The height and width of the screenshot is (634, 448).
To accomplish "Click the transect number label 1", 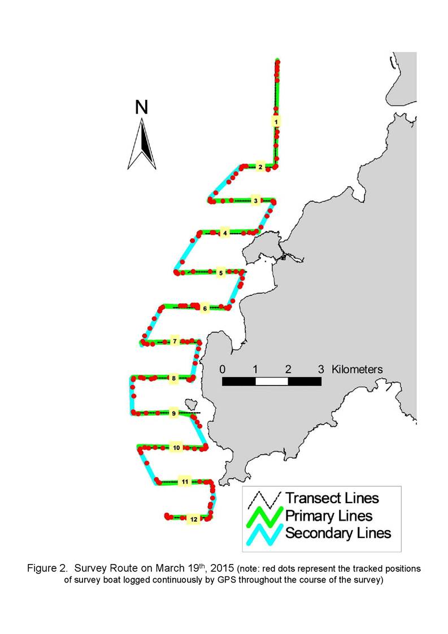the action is tap(276, 121).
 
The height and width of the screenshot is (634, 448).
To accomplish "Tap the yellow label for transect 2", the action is tap(260, 167).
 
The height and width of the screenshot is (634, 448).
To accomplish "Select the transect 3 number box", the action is tap(255, 200).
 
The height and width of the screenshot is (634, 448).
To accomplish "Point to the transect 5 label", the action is tap(221, 273).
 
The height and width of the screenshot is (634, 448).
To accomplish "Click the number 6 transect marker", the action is tap(205, 308).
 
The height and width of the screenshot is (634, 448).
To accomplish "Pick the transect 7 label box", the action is tap(175, 341).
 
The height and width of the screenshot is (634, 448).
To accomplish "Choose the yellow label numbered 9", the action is tap(173, 413).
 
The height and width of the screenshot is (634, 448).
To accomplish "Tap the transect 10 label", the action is tap(176, 448).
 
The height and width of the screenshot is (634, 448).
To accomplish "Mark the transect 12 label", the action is tap(194, 519).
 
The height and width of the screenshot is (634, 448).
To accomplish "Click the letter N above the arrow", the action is tap(141, 107).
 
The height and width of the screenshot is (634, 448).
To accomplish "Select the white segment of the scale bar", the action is tap(272, 381).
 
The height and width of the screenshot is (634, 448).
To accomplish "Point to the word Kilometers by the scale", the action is tap(357, 369).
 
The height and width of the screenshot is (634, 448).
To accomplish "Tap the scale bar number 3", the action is tap(321, 369).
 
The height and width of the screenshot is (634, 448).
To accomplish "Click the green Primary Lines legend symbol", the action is tap(264, 517).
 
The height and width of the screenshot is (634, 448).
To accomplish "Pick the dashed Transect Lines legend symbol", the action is tap(264, 500).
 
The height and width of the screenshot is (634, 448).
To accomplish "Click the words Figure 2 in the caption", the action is tap(47, 569).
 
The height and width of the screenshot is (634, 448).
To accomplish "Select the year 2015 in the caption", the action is tap(222, 568).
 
